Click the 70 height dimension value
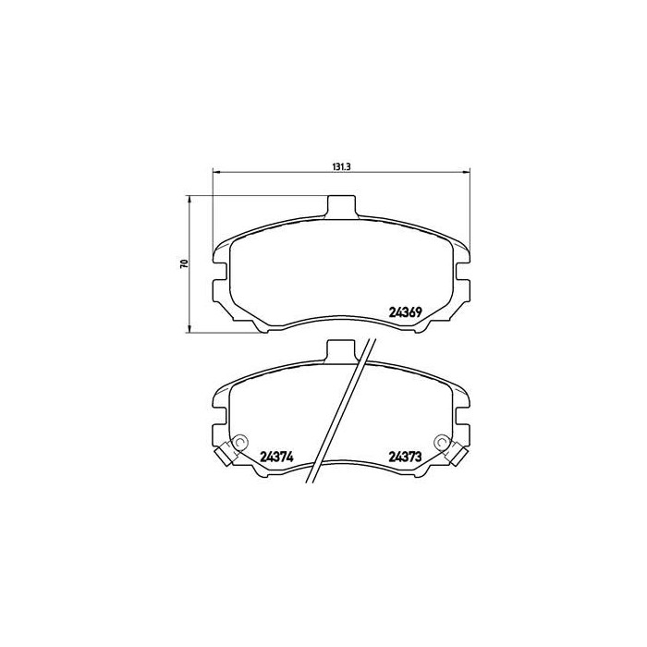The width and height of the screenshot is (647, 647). coord(185,263)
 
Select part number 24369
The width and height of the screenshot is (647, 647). coord(406,311)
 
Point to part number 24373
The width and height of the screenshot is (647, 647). coord(406,455)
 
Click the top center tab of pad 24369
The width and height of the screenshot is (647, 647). coord(342,207)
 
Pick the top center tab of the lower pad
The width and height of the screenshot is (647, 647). coord(342,352)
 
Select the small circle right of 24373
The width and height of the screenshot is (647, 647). coord(446,443)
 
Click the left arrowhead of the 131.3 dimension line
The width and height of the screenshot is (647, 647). coord(217,172)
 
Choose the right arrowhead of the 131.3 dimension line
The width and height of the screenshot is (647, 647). coord(468,172)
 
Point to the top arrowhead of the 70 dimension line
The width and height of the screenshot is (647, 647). coord(190,198)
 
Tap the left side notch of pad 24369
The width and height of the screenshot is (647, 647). coord(219,276)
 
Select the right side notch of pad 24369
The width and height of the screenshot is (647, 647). coord(465,276)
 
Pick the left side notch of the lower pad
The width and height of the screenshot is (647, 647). coord(219,421)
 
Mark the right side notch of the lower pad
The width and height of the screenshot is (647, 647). coord(465,421)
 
